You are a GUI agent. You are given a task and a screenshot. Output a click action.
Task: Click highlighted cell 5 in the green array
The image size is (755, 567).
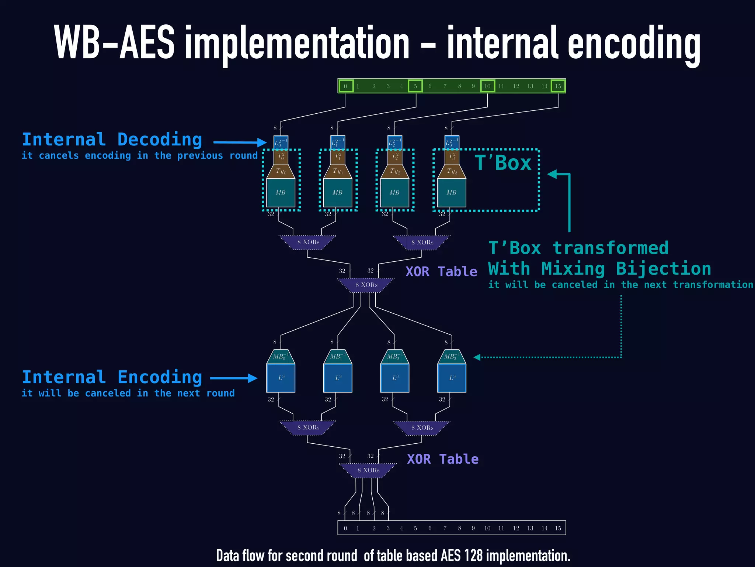415,86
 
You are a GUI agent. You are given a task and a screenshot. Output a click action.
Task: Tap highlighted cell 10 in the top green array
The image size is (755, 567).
487,86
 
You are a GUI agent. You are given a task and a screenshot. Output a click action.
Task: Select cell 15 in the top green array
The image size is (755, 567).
558,86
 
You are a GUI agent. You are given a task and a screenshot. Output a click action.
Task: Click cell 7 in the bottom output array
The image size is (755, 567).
445,528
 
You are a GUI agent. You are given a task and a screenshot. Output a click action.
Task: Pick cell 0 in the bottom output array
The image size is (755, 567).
345,528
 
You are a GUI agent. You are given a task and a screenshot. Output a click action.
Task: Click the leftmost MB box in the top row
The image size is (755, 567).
281,193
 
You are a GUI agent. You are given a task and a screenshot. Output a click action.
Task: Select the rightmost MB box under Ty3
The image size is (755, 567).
452,193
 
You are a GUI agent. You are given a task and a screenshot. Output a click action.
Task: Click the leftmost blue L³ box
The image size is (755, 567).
281,378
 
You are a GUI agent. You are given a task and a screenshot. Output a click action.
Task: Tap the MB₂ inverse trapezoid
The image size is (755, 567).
394,357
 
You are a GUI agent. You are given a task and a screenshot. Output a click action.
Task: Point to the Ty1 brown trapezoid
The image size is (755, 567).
338,171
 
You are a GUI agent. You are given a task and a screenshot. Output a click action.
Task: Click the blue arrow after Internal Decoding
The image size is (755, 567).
240,142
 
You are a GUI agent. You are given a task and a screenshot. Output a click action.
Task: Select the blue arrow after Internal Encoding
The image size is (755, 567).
234,378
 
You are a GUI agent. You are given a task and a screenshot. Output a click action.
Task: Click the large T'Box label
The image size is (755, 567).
503,163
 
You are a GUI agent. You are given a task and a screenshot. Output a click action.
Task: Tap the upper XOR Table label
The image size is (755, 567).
441,272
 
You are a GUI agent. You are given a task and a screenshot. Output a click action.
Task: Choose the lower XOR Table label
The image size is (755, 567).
443,459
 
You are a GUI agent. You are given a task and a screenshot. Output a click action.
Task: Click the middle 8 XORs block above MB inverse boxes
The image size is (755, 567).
366,285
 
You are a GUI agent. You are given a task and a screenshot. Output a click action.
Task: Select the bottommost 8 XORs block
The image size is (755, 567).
368,470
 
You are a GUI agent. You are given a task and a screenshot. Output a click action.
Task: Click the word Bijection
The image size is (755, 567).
663,269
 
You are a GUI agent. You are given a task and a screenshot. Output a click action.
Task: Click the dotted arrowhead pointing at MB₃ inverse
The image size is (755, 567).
477,357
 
